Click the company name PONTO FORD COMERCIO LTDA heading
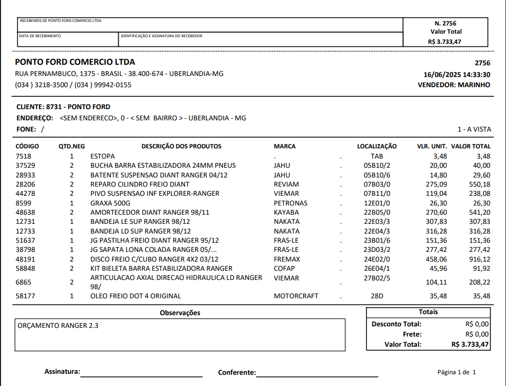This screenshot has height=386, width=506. (75, 62)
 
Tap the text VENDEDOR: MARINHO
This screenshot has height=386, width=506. (454, 85)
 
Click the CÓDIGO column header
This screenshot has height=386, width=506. (28, 146)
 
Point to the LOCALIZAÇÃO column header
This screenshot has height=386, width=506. (377, 146)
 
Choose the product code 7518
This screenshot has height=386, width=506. (23, 156)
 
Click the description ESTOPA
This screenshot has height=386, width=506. (102, 156)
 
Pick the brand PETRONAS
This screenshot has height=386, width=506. (290, 203)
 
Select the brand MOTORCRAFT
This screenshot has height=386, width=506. (296, 296)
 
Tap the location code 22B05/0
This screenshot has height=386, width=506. (377, 212)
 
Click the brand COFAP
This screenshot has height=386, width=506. (284, 268)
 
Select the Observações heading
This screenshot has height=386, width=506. (180, 313)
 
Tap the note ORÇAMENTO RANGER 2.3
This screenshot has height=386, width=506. (58, 325)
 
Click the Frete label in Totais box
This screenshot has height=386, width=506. (412, 334)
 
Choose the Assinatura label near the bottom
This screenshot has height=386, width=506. (62, 372)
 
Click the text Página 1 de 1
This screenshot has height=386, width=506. (457, 372)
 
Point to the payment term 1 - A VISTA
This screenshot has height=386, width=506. (474, 130)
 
